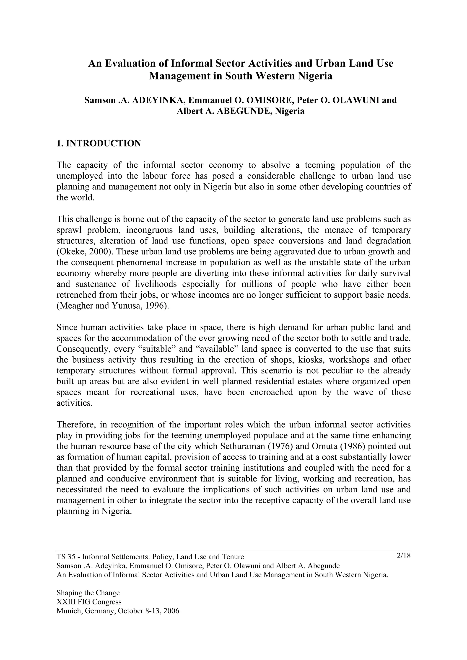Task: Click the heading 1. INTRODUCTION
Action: (x=99, y=143)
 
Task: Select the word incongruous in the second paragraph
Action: (x=149, y=230)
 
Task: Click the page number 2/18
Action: (x=403, y=556)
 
